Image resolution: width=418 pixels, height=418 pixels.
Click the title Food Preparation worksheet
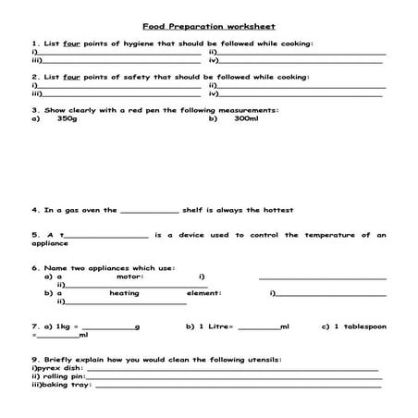209,26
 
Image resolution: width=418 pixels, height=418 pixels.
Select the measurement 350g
67,118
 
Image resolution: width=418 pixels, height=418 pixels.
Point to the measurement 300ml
246,118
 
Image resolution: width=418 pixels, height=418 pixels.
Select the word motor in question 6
129,277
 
